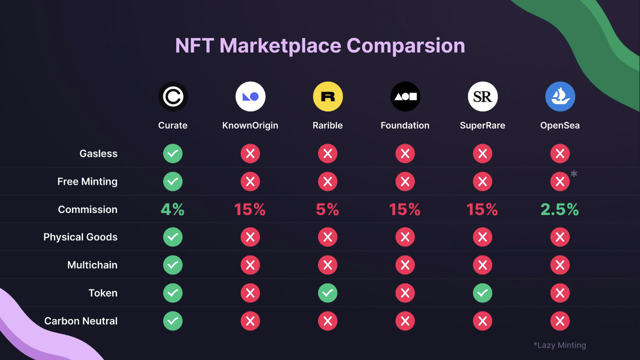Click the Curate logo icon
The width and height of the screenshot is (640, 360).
coord(173,96)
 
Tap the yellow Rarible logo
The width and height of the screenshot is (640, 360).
coord(328,96)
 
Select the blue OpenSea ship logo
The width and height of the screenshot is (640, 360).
coord(560,96)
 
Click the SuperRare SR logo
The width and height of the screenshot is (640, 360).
coord(483,96)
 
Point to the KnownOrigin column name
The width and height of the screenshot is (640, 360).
coord(250,126)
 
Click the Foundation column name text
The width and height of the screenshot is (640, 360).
coord(405,126)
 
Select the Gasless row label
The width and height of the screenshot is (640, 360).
coord(98,154)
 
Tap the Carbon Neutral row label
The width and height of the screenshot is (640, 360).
coord(81,321)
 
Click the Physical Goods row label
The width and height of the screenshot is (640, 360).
coord(80,237)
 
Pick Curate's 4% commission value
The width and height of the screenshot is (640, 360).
coord(173,209)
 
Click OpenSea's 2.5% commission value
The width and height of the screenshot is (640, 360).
coord(560,209)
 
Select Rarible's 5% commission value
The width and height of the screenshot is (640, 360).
coord(327,209)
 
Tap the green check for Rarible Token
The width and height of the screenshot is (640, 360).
coord(328,293)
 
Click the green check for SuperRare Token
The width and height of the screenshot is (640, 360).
coord(483,293)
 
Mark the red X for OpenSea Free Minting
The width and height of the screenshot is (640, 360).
coord(560,181)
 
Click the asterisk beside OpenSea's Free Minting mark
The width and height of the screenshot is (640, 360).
coord(574,174)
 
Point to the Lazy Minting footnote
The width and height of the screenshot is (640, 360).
coord(560,345)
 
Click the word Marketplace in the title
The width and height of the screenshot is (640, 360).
coord(280,46)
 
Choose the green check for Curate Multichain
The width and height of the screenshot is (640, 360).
coord(173,265)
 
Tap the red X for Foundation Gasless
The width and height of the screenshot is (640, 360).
coord(405,154)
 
